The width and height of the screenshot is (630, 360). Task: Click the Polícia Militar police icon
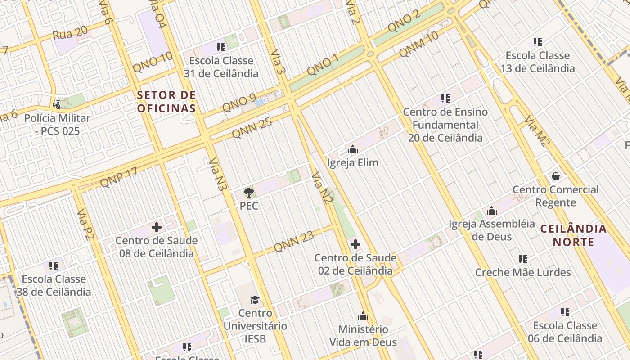[x=57, y=105]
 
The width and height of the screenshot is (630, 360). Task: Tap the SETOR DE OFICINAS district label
[x=166, y=102]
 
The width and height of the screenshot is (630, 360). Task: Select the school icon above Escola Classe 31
[x=220, y=47]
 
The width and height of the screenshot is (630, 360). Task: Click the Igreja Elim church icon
[x=353, y=149]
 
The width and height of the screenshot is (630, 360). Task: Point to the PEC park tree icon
[x=248, y=193]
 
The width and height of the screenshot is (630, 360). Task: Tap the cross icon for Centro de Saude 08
[x=157, y=227]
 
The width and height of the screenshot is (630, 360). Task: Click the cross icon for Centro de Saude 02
[x=355, y=244]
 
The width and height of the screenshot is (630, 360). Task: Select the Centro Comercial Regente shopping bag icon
[x=556, y=176]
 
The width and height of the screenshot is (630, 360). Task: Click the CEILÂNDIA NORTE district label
[x=573, y=235]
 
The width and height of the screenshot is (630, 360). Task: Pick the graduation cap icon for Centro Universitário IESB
[x=255, y=300]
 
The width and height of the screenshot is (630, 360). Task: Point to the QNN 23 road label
[x=293, y=241]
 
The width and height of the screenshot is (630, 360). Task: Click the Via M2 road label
[x=537, y=131]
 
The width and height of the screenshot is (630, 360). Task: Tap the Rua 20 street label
[x=70, y=33]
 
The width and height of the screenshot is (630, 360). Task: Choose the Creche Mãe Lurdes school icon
[x=522, y=259]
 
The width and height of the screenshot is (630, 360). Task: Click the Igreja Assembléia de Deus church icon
[x=492, y=211]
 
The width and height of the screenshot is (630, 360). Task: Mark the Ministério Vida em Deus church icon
[x=363, y=316]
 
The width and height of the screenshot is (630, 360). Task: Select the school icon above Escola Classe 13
[x=537, y=42]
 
